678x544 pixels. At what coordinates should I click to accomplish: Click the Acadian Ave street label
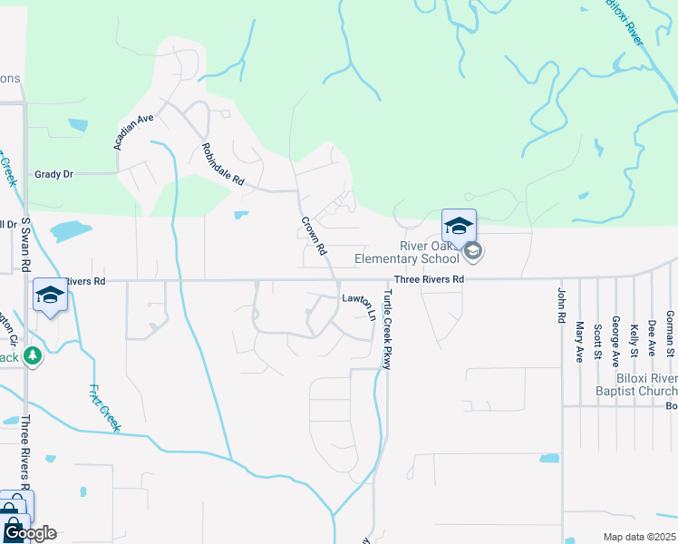(134, 131)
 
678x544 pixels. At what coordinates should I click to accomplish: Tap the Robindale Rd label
(223, 165)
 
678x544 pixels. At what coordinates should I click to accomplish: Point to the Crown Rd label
(314, 236)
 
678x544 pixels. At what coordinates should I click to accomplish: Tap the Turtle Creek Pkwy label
(387, 331)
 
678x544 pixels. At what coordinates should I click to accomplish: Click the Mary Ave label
(579, 342)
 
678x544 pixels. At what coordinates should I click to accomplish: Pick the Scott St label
(597, 342)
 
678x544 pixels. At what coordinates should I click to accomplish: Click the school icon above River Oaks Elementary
(459, 226)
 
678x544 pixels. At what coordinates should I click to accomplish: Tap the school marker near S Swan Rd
(50, 295)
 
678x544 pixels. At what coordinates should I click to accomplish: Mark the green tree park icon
(34, 355)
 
